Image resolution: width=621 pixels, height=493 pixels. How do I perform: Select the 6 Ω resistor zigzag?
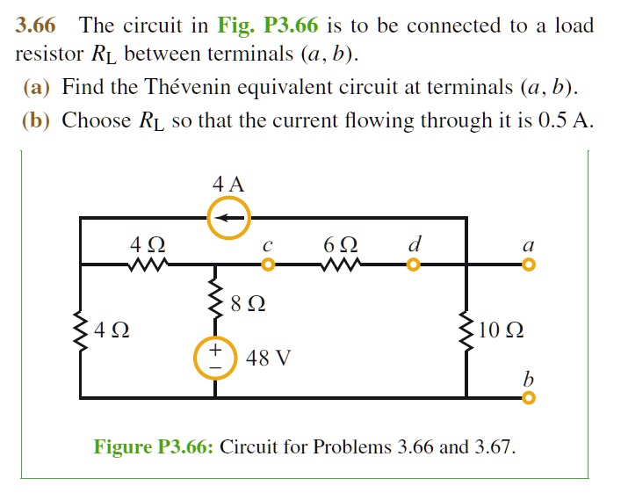(x=338, y=264)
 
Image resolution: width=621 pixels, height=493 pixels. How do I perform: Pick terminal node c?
(x=268, y=264)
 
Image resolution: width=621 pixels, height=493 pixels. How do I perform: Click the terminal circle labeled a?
(x=528, y=264)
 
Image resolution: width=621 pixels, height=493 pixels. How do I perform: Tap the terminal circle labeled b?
(x=528, y=397)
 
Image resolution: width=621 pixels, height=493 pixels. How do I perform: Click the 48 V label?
(x=269, y=358)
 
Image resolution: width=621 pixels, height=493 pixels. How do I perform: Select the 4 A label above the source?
(x=228, y=185)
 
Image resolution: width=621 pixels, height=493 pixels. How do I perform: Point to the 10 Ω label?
(x=502, y=332)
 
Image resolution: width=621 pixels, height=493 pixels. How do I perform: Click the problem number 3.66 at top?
(x=36, y=25)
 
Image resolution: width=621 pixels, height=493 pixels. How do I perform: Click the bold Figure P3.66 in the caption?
(x=154, y=446)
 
